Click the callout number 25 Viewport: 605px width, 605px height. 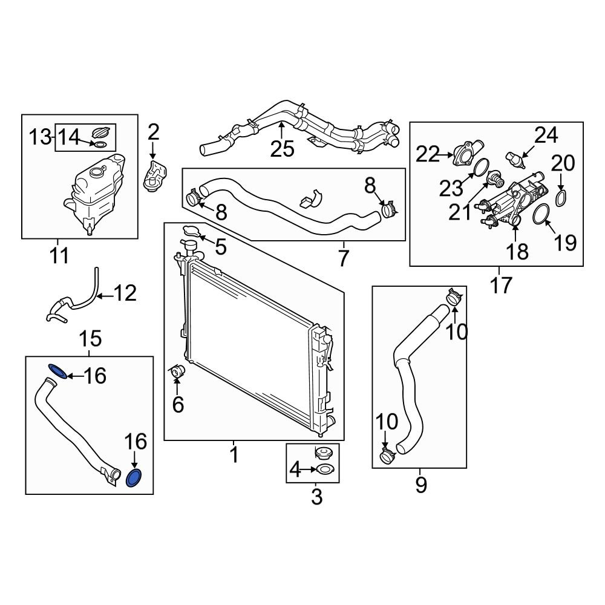pyautogui.click(x=282, y=148)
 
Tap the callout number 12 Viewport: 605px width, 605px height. pyautogui.click(x=125, y=294)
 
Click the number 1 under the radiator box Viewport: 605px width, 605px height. pyautogui.click(x=234, y=454)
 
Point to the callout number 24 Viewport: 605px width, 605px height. pyautogui.click(x=546, y=136)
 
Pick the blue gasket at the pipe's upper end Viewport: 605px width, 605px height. pyautogui.click(x=57, y=370)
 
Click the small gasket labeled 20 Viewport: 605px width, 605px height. pyautogui.click(x=561, y=197)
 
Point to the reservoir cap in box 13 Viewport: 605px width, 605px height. pyautogui.click(x=101, y=132)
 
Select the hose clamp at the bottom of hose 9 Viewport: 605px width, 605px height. pyautogui.click(x=387, y=456)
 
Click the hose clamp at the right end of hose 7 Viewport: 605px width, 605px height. pyautogui.click(x=389, y=211)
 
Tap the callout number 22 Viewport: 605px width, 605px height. pyautogui.click(x=427, y=155)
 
